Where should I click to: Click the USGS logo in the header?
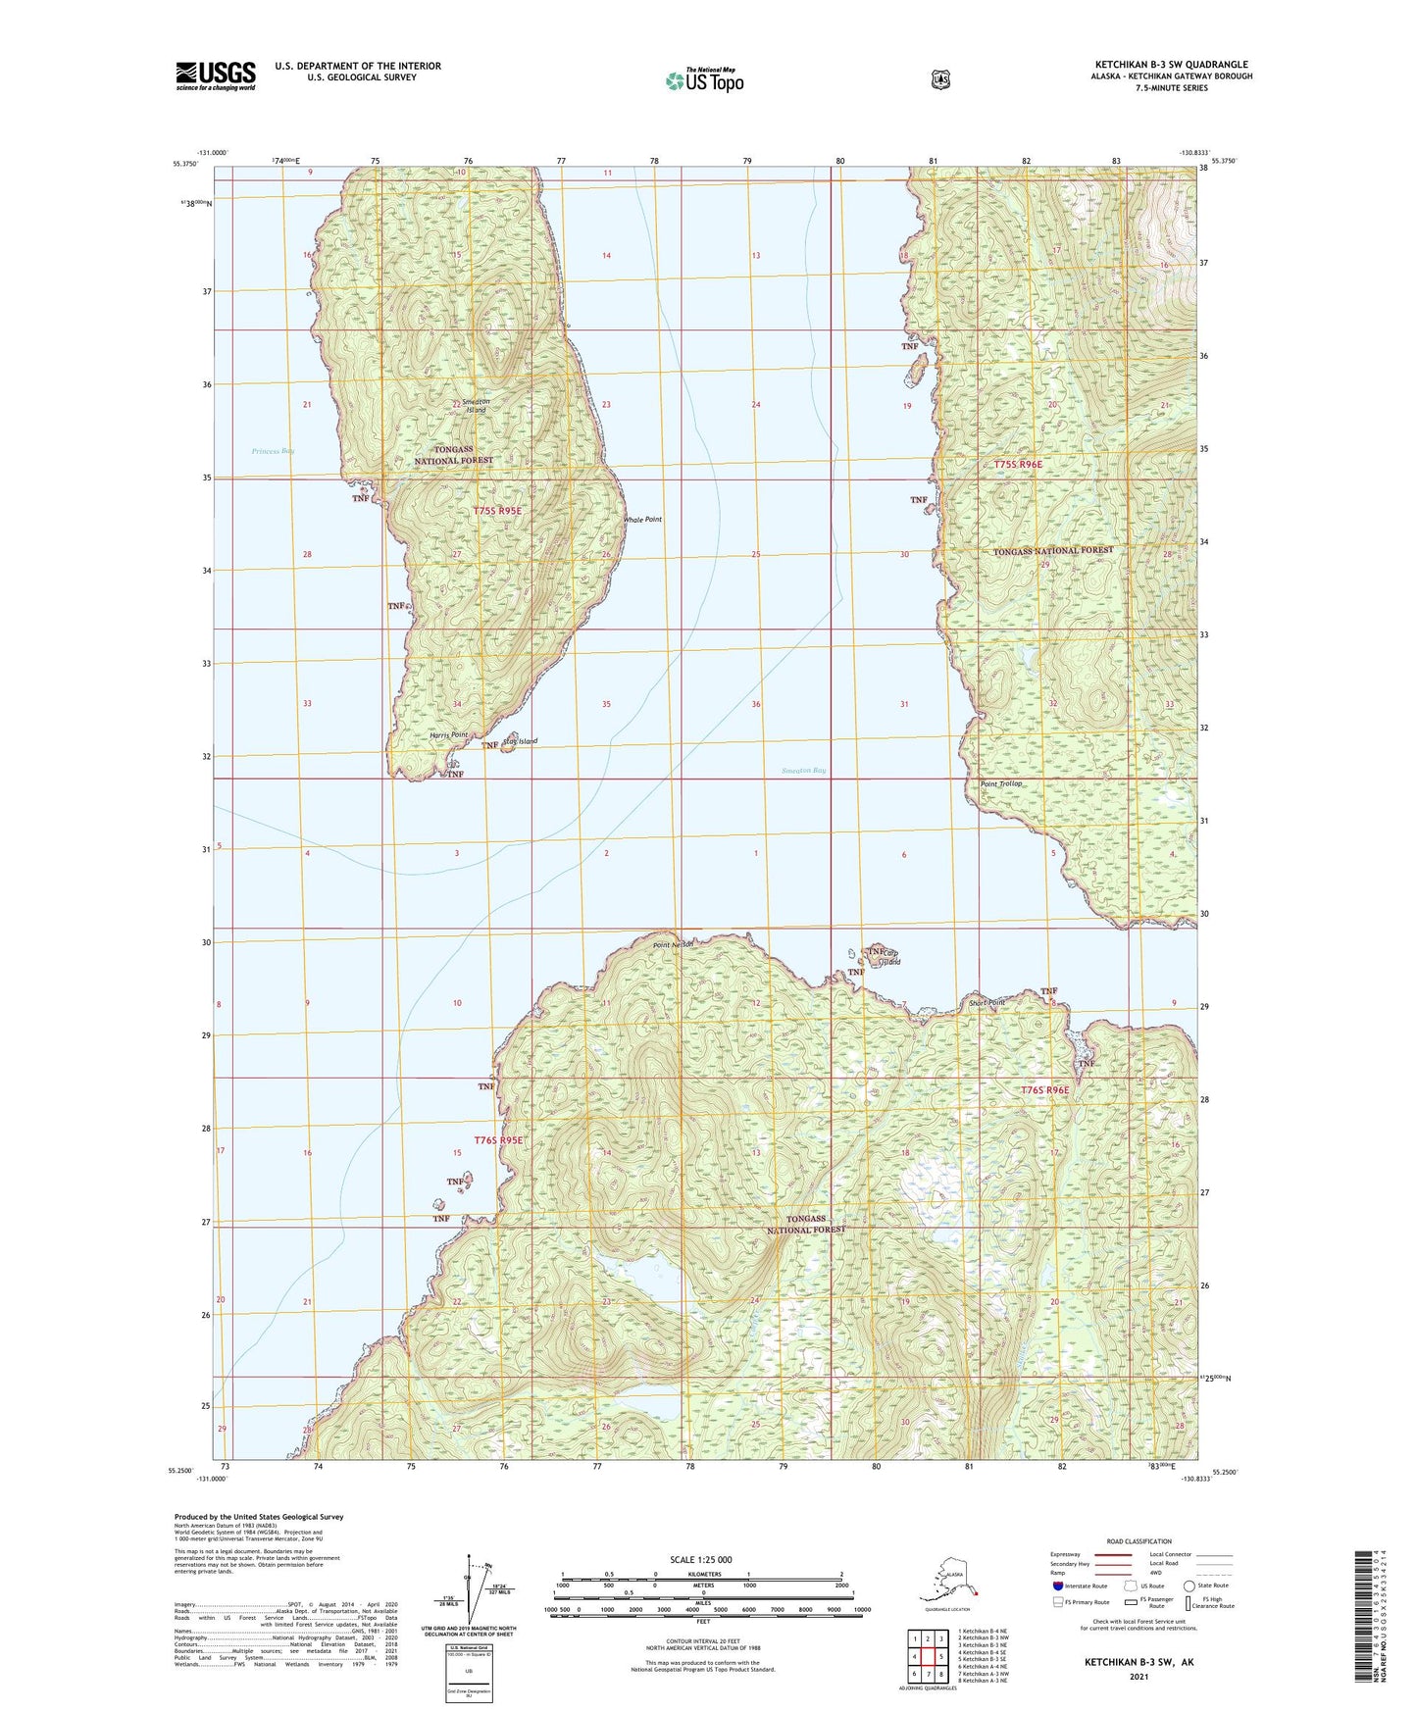pyautogui.click(x=216, y=76)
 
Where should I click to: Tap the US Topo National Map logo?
pyautogui.click(x=704, y=80)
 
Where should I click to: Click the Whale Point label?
pyautogui.click(x=643, y=520)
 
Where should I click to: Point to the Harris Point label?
pyautogui.click(x=449, y=734)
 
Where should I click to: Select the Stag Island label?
pyautogui.click(x=520, y=741)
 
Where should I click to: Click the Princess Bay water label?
pyautogui.click(x=273, y=451)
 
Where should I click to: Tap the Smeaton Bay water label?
pyautogui.click(x=804, y=771)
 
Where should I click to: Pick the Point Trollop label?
pyautogui.click(x=1002, y=783)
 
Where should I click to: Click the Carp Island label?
pyautogui.click(x=888, y=957)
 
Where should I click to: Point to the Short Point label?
pyautogui.click(x=987, y=1003)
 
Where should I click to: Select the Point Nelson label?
pyautogui.click(x=674, y=945)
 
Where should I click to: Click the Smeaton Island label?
pyautogui.click(x=476, y=405)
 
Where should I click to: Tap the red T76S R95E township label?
pyautogui.click(x=499, y=1140)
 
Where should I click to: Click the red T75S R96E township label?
pyautogui.click(x=1018, y=464)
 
